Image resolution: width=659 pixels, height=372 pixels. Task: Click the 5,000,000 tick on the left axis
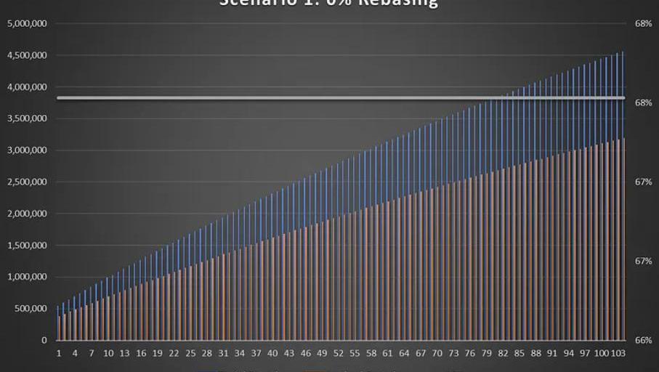(x=28, y=24)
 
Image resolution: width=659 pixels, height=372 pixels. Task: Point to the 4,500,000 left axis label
(x=28, y=55)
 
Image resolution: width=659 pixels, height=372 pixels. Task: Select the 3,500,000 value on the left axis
(x=28, y=118)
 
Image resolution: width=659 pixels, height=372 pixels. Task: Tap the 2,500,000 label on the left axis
(x=28, y=182)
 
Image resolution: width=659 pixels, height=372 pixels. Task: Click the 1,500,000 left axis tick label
(x=28, y=245)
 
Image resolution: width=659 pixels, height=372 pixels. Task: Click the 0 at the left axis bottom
(x=44, y=340)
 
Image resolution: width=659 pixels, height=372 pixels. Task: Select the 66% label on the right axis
(x=643, y=340)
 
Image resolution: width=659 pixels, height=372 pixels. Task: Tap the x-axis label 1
(x=59, y=353)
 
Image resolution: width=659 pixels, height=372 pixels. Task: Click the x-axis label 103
(x=618, y=353)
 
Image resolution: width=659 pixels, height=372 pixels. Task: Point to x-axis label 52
(x=339, y=353)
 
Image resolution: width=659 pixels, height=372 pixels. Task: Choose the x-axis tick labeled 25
(x=190, y=353)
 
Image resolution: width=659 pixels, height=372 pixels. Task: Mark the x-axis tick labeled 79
(x=487, y=353)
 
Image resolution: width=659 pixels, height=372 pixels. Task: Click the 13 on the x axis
(x=125, y=353)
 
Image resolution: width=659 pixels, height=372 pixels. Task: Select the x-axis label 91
(x=552, y=353)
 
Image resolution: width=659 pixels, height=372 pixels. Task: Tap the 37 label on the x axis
(x=256, y=353)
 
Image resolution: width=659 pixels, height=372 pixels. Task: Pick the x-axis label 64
(x=404, y=353)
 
